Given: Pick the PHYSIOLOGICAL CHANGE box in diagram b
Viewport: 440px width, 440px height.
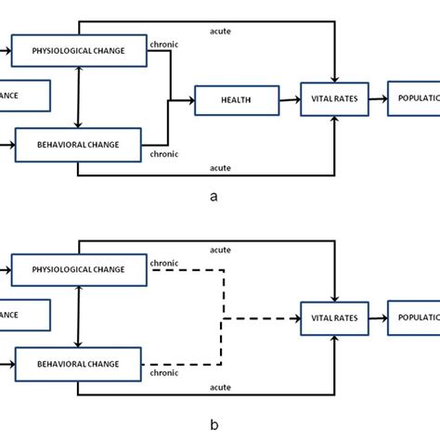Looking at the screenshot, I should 79,269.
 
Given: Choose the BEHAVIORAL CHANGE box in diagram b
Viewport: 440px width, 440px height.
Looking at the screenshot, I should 79,363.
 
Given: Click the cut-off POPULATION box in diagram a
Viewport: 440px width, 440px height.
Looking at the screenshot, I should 414,98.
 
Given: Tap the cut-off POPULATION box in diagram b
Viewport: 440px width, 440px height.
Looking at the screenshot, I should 414,317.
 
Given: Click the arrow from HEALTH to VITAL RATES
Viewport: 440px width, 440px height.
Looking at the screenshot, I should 289,98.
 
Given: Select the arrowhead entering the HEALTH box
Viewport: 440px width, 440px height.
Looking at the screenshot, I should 190,98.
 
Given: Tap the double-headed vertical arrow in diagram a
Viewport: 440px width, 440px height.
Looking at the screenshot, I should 81,97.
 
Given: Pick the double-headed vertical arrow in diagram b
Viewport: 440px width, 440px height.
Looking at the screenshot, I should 81,317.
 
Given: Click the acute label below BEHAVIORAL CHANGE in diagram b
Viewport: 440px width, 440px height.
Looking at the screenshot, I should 220,386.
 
